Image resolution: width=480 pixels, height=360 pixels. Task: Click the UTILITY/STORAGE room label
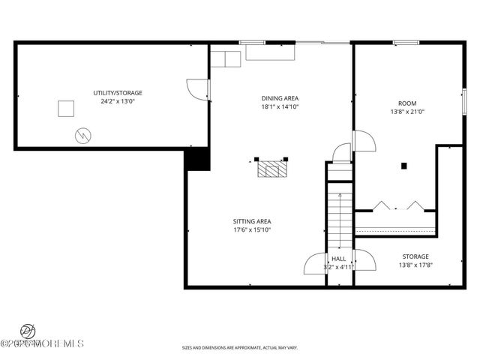pyautogui.click(x=118, y=93)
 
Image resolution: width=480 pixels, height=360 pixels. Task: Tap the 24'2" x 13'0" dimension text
pyautogui.click(x=118, y=101)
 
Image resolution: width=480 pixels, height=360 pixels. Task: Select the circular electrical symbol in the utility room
pyautogui.click(x=82, y=136)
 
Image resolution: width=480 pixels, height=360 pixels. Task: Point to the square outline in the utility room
pyautogui.click(x=67, y=109)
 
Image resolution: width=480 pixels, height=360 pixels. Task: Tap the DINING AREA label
pyautogui.click(x=280, y=98)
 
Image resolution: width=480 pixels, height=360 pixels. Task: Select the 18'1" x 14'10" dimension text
pyautogui.click(x=280, y=106)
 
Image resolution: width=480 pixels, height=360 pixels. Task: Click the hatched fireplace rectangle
pyautogui.click(x=272, y=169)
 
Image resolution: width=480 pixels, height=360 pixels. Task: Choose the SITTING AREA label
pyautogui.click(x=252, y=221)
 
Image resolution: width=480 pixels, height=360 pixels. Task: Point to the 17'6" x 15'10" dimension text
pyautogui.click(x=252, y=230)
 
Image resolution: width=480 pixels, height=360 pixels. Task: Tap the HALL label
pyautogui.click(x=340, y=258)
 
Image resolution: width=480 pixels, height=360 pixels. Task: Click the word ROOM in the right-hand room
pyautogui.click(x=408, y=103)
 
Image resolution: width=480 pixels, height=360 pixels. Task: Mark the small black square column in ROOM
pyautogui.click(x=403, y=166)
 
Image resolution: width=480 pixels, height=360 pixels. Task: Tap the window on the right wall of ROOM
pyautogui.click(x=465, y=100)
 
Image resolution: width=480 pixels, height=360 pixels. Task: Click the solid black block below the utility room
pyautogui.click(x=197, y=160)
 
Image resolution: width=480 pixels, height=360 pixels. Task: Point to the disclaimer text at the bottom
pyautogui.click(x=240, y=347)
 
